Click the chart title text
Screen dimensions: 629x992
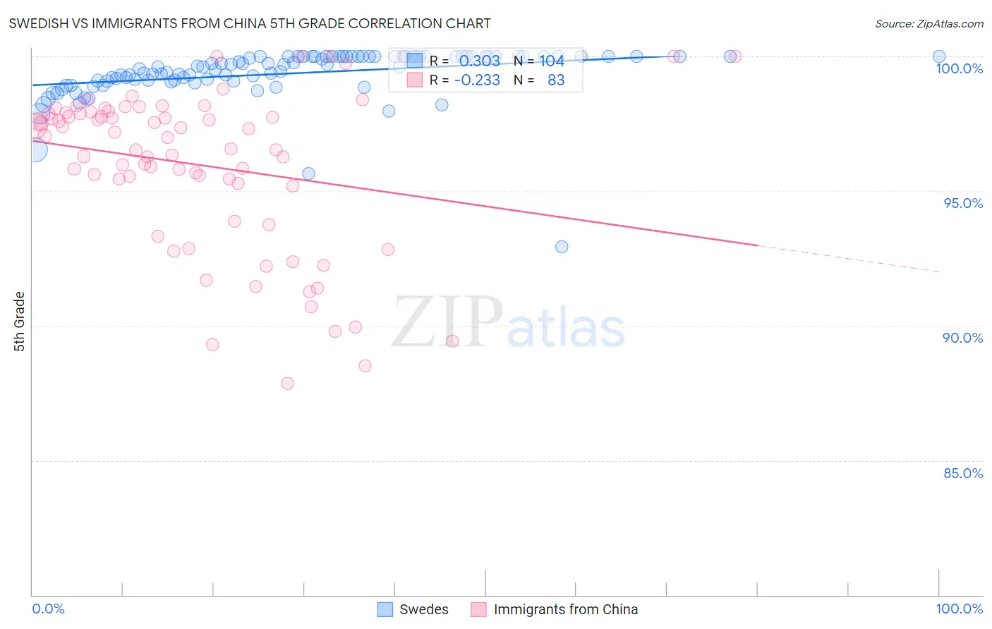click(x=250, y=23)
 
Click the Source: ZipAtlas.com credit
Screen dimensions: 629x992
click(x=929, y=23)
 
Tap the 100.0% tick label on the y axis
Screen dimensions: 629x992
click(x=959, y=68)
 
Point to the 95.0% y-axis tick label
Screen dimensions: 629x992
click(x=963, y=203)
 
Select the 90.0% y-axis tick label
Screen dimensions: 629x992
click(x=962, y=338)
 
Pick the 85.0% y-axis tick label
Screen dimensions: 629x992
click(x=963, y=473)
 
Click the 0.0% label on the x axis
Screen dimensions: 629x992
click(x=48, y=609)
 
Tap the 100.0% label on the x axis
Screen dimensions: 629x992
click(x=959, y=609)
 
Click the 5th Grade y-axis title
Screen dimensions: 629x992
click(x=20, y=322)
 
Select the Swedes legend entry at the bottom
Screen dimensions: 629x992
click(x=413, y=609)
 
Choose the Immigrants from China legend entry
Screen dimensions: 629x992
click(x=555, y=609)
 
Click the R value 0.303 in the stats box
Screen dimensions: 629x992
click(x=479, y=61)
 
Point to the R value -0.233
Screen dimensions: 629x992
click(x=477, y=80)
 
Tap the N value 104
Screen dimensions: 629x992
click(x=552, y=61)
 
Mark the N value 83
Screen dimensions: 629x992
click(x=556, y=80)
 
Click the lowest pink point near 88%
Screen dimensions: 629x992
click(x=287, y=384)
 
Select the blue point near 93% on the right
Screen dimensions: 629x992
click(x=562, y=247)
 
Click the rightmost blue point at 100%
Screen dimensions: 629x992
click(x=939, y=56)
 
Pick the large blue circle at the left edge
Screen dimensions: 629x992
click(x=34, y=149)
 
